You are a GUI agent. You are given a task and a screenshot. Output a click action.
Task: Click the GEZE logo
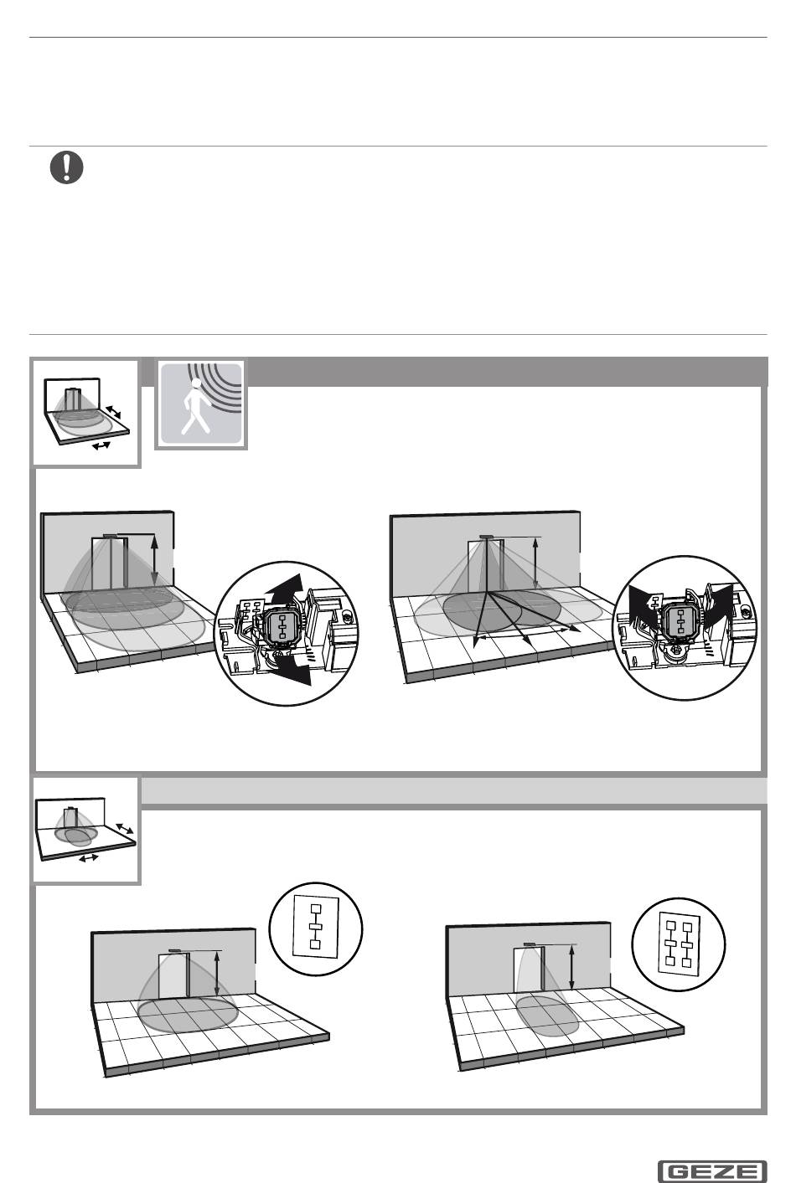click(x=712, y=1172)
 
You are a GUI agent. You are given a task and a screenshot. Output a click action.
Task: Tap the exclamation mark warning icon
click(x=66, y=167)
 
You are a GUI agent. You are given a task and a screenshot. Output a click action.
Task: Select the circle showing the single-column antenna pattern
click(x=316, y=928)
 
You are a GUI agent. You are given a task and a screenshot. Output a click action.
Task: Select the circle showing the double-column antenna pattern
click(x=679, y=944)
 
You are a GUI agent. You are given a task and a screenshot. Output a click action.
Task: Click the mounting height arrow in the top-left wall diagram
click(x=154, y=561)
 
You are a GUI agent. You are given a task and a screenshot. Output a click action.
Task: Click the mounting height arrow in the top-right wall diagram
click(x=535, y=563)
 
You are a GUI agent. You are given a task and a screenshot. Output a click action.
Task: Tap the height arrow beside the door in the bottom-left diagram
click(x=217, y=974)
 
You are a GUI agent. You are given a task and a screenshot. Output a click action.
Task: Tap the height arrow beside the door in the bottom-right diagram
click(x=571, y=968)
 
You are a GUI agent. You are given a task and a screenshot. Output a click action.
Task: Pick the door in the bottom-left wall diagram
click(x=174, y=976)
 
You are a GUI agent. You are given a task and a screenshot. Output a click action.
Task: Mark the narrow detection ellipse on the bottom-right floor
click(x=547, y=1016)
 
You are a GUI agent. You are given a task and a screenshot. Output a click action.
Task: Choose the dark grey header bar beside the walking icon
click(x=507, y=371)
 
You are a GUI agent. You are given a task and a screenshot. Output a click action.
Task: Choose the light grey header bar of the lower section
click(x=453, y=791)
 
